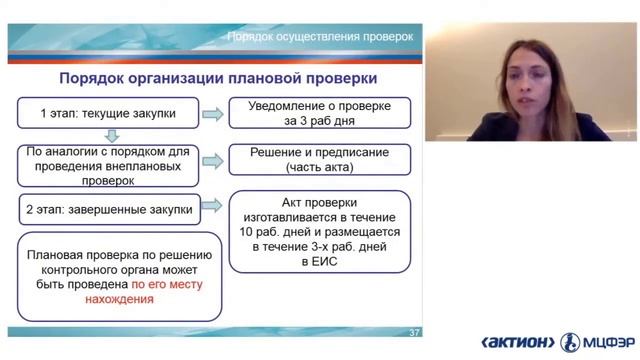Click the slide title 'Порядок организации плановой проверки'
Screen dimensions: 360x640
[x=218, y=77]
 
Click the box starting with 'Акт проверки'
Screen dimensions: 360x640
[x=320, y=231]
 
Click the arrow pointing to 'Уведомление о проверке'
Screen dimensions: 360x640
[x=212, y=113]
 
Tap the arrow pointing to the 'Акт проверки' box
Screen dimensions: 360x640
[x=212, y=211]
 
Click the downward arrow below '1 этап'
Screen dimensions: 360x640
[x=112, y=134]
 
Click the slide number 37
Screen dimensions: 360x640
[x=415, y=332]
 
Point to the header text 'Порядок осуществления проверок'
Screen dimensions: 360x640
[x=320, y=35]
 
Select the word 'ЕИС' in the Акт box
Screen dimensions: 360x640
[x=320, y=260]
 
